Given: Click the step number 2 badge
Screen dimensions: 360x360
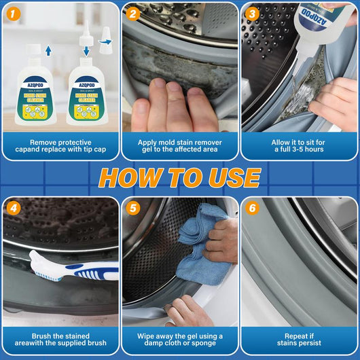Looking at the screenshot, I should tap(134, 14).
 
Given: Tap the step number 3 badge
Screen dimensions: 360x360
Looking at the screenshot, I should tap(253, 14).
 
